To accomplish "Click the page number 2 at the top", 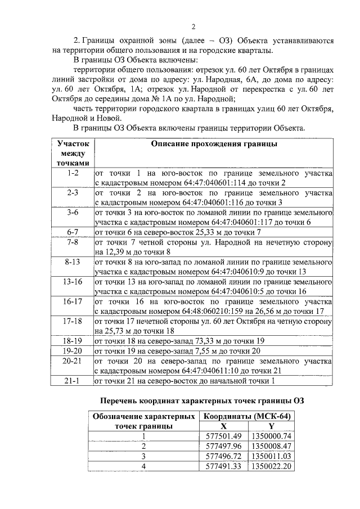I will tap(193, 27).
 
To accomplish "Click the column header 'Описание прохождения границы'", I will tap(214, 144).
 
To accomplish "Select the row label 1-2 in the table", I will tap(73, 173).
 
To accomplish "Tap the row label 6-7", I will tap(73, 232).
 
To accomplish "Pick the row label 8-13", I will tap(73, 262).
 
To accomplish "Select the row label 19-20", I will tap(73, 351).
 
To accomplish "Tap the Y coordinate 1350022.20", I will tap(271, 466).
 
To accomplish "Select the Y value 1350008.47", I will tap(271, 446).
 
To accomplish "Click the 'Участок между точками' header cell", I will tap(73, 153).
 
